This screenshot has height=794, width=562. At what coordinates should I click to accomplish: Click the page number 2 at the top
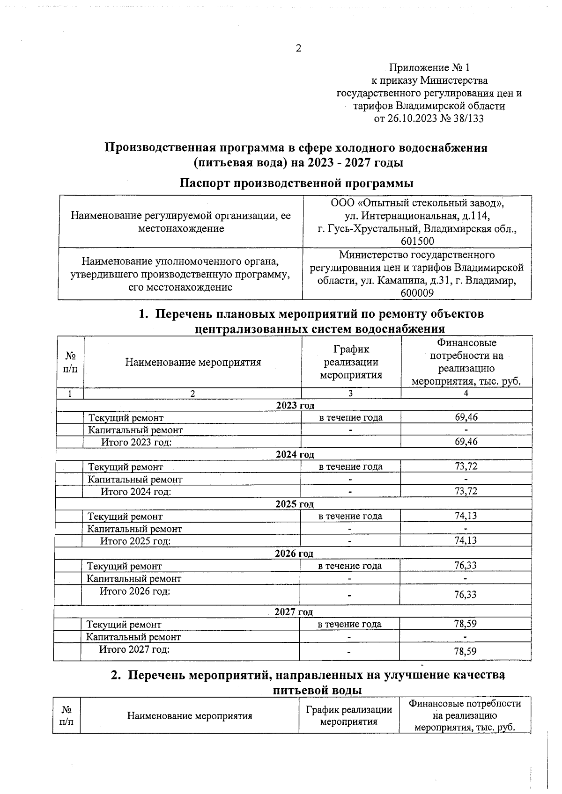(298, 49)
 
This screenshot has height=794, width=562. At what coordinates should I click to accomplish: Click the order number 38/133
(468, 118)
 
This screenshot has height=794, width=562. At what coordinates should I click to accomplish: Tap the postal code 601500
(417, 241)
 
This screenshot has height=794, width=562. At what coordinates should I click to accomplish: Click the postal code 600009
(417, 293)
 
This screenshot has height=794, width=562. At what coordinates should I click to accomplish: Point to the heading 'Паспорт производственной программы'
(297, 183)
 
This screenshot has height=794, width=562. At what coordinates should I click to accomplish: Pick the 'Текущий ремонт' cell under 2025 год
(125, 517)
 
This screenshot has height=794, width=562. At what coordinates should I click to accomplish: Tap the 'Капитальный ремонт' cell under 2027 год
(133, 637)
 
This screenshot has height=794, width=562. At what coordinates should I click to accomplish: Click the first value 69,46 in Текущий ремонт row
(466, 417)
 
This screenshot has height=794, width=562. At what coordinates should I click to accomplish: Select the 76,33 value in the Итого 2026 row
(465, 595)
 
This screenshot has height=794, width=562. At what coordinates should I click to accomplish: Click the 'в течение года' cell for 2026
(350, 566)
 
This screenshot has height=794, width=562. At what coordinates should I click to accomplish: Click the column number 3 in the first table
(350, 393)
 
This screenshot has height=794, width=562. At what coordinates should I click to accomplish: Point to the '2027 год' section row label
(294, 612)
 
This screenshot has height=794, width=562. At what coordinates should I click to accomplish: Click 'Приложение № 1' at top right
(429, 68)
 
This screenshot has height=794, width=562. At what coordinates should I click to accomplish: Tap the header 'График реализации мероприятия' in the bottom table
(348, 715)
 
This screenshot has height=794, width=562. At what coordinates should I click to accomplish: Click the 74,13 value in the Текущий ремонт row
(466, 516)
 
